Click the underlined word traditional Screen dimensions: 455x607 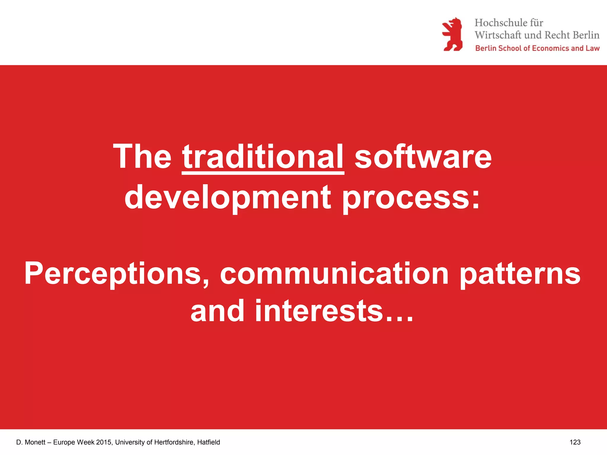263,157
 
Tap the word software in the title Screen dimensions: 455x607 423,157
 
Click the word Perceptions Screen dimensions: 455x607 116,274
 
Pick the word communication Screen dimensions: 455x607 334,274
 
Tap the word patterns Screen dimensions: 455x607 520,274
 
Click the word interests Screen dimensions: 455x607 319,311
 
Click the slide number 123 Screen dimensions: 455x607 575,442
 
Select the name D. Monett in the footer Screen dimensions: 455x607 31,442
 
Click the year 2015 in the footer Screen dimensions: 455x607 104,442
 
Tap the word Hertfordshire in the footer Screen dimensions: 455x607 173,442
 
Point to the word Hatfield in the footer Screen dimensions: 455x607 208,442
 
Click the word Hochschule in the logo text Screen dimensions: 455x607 500,23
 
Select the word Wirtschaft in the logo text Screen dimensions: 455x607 498,35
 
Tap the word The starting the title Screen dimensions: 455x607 142,157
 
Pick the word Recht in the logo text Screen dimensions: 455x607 557,35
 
